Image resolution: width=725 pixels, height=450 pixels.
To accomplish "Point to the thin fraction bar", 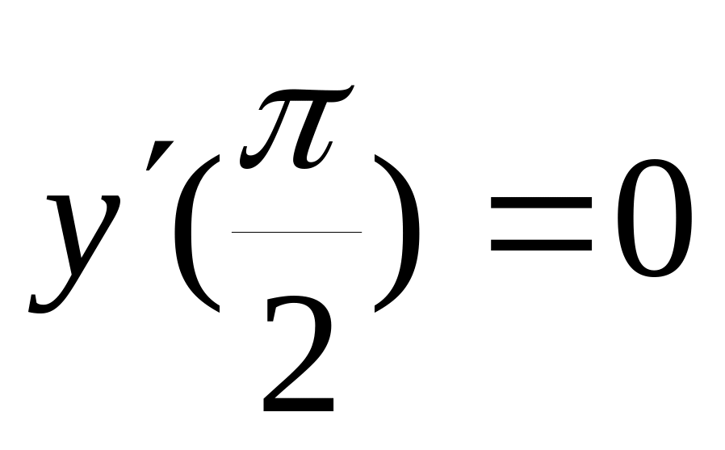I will tap(296, 233).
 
